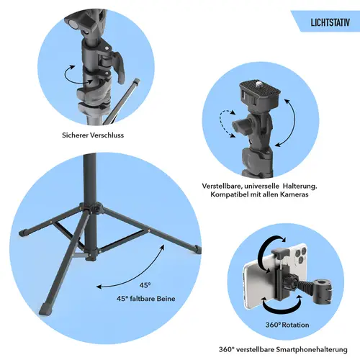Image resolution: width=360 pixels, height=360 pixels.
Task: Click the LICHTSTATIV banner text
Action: pyautogui.click(x=330, y=22)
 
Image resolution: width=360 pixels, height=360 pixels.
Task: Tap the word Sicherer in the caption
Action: pyautogui.click(x=75, y=135)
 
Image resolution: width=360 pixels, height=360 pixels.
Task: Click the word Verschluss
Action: pyautogui.click(x=107, y=135)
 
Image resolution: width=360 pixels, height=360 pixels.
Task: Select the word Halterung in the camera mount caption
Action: pyautogui.click(x=300, y=186)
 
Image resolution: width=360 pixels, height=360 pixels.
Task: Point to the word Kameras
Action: pyautogui.click(x=293, y=194)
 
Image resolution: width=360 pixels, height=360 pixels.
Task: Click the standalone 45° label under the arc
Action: pyautogui.click(x=145, y=285)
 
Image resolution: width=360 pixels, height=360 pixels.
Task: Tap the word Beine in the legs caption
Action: pyautogui.click(x=166, y=299)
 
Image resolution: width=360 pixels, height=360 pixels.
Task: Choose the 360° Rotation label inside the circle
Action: pyautogui.click(x=287, y=325)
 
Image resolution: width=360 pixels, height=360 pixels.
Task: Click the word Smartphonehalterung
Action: pyautogui.click(x=312, y=349)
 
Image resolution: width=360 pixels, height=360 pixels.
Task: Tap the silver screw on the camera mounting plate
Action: pyautogui.click(x=259, y=84)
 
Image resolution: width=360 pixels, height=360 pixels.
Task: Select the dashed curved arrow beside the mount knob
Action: pyautogui.click(x=226, y=124)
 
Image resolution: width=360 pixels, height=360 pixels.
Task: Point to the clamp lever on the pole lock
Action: pyautogui.click(x=120, y=67)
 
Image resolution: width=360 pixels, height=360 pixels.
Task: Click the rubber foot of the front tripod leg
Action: pyautogui.click(x=47, y=309)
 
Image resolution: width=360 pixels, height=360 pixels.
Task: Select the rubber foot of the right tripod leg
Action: pyautogui.click(x=198, y=249)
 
